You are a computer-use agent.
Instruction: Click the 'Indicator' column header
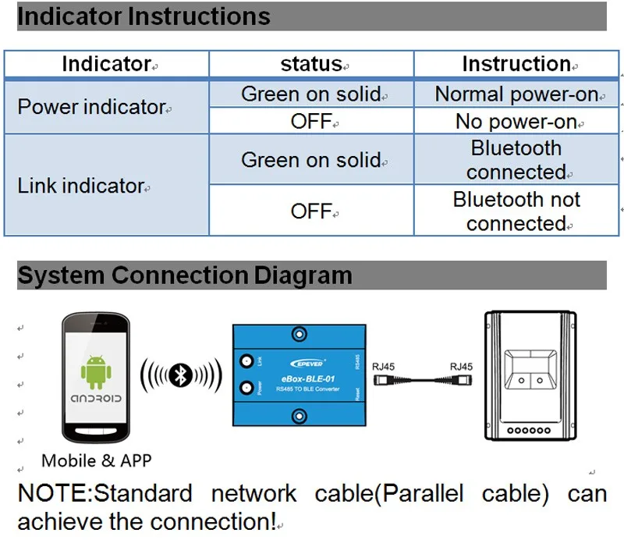(106, 64)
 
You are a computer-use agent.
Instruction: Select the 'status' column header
(311, 65)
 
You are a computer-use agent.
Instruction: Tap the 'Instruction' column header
(516, 64)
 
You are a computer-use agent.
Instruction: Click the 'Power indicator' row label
(92, 107)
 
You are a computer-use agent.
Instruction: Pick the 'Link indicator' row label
(81, 186)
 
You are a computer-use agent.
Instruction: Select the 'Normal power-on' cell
(516, 94)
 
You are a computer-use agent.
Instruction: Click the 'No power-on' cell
(516, 122)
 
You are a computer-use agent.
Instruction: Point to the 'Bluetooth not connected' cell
(516, 211)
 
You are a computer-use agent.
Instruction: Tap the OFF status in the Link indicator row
(311, 211)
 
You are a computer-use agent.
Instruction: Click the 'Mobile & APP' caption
(97, 460)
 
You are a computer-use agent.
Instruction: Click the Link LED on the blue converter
(249, 361)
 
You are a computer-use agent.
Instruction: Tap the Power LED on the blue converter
(249, 388)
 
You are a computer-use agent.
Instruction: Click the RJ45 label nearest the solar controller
(461, 366)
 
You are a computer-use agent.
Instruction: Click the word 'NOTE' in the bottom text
(53, 494)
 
